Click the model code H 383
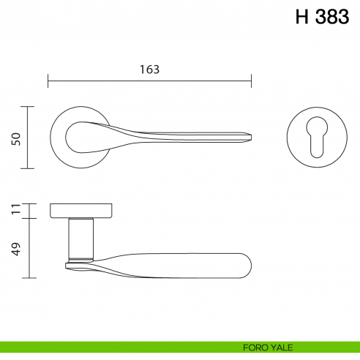322,18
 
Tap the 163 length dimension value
149,70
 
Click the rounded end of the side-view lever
247,264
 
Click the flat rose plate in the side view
80,211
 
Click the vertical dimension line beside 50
29,138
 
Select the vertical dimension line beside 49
29,248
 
